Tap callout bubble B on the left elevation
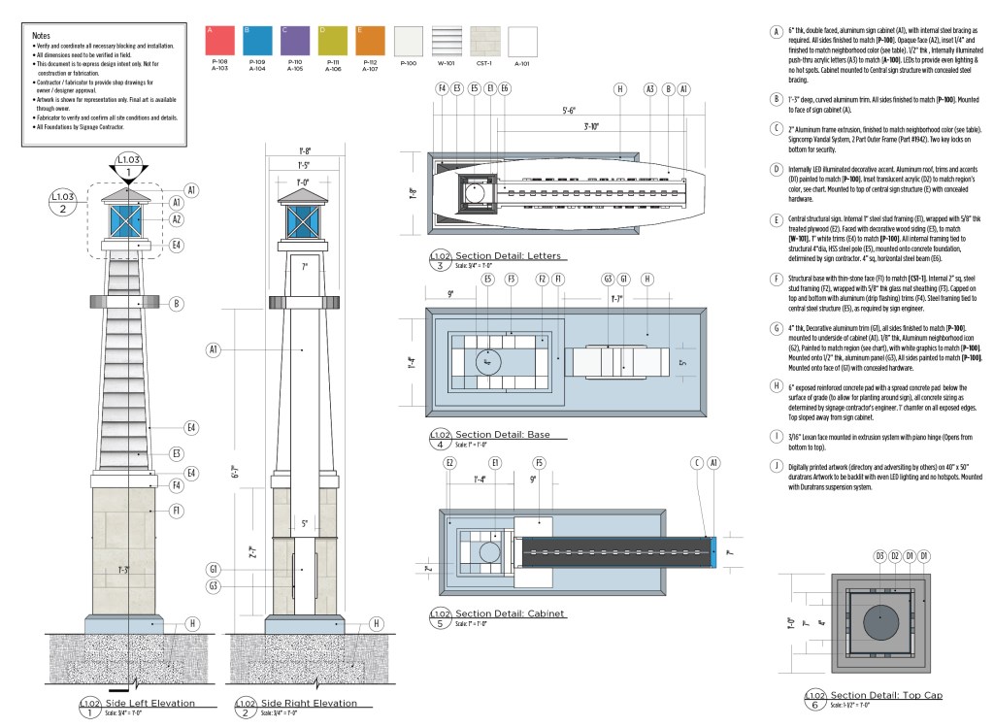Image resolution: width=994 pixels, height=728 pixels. click(x=178, y=304)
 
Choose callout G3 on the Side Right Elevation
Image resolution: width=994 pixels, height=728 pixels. click(x=213, y=585)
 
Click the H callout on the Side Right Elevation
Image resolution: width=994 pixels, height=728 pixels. click(x=376, y=624)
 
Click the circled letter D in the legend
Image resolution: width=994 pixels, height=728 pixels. click(x=776, y=169)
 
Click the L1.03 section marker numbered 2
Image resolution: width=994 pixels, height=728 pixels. click(x=63, y=203)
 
